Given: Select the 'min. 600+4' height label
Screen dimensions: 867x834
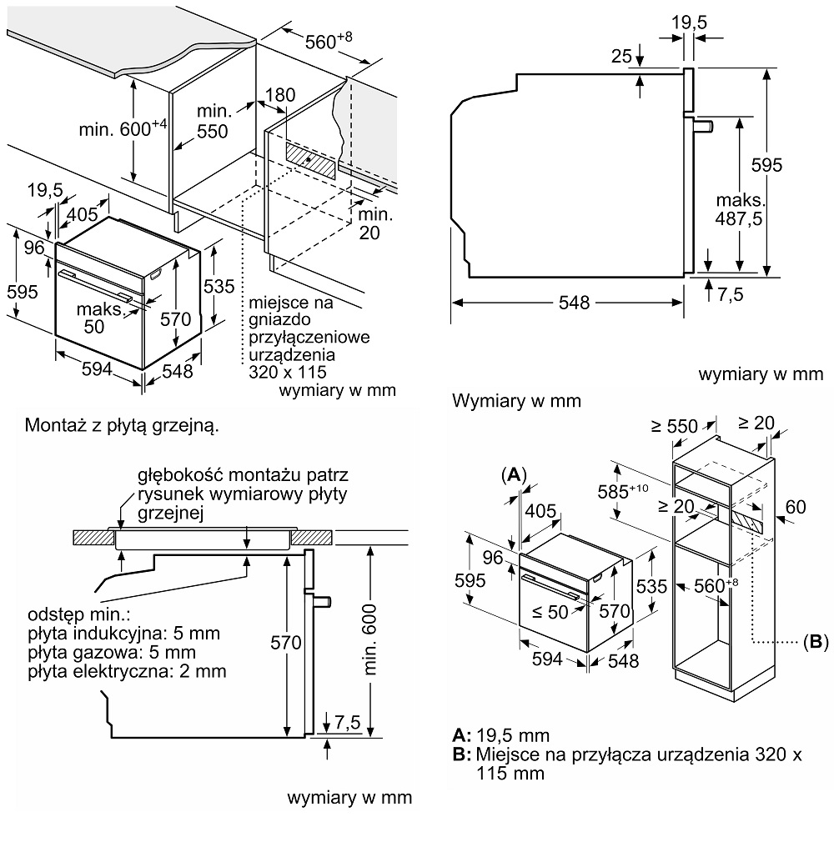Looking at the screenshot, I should pos(123,128).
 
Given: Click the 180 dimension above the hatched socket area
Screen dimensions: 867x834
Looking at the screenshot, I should pos(280,95).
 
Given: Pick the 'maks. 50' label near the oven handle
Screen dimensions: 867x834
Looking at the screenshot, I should pos(99,318).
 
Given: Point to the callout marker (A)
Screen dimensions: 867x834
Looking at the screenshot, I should pos(514,474).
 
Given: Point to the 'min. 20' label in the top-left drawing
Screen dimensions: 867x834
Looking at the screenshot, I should pos(369,223).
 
